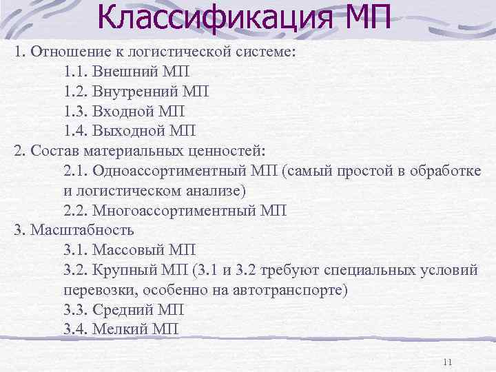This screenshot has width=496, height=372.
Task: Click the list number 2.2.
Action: tap(78, 211)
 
